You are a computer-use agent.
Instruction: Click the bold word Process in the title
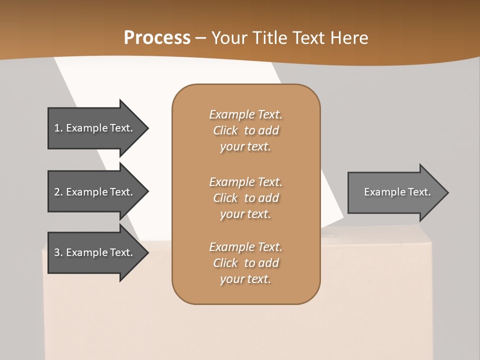point(157,37)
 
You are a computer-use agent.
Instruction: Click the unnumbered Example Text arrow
point(397,192)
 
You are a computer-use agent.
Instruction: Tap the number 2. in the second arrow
point(58,192)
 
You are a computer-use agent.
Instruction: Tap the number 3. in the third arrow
point(58,252)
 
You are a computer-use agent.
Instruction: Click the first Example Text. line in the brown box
point(245,114)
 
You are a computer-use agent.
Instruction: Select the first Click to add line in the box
point(245,130)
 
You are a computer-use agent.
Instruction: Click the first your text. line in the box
point(245,146)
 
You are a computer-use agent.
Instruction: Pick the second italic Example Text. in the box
point(245,181)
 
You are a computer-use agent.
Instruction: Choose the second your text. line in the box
point(245,214)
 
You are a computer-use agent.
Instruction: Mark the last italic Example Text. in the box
point(245,246)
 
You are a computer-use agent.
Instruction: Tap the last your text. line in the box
point(245,279)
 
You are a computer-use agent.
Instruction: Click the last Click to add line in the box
point(245,262)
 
